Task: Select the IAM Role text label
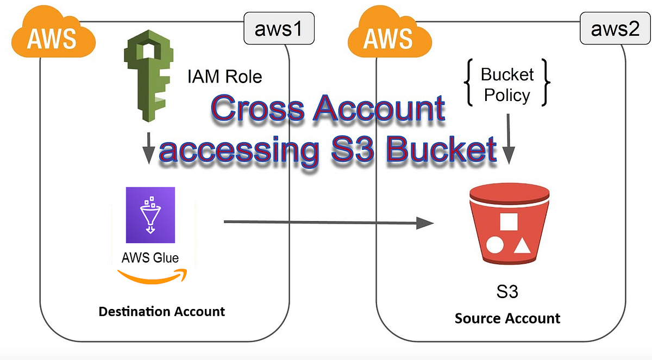(224, 77)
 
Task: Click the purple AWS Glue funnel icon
(151, 215)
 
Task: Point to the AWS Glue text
(151, 257)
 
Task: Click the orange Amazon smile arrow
(152, 276)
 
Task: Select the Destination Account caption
(161, 312)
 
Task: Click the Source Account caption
(507, 318)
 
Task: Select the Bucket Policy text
(507, 85)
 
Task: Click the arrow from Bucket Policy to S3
(508, 138)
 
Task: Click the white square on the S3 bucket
(508, 222)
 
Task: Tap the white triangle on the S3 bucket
(522, 246)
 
